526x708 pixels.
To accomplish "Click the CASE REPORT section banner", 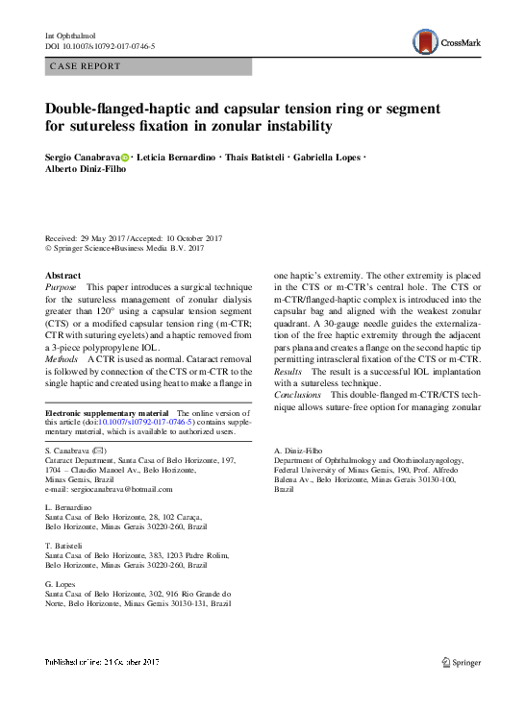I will pos(148,66).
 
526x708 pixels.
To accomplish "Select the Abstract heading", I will pos(63,275).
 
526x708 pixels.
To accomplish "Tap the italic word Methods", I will pos(63,357).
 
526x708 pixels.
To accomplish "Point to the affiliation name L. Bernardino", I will pos(69,505).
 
